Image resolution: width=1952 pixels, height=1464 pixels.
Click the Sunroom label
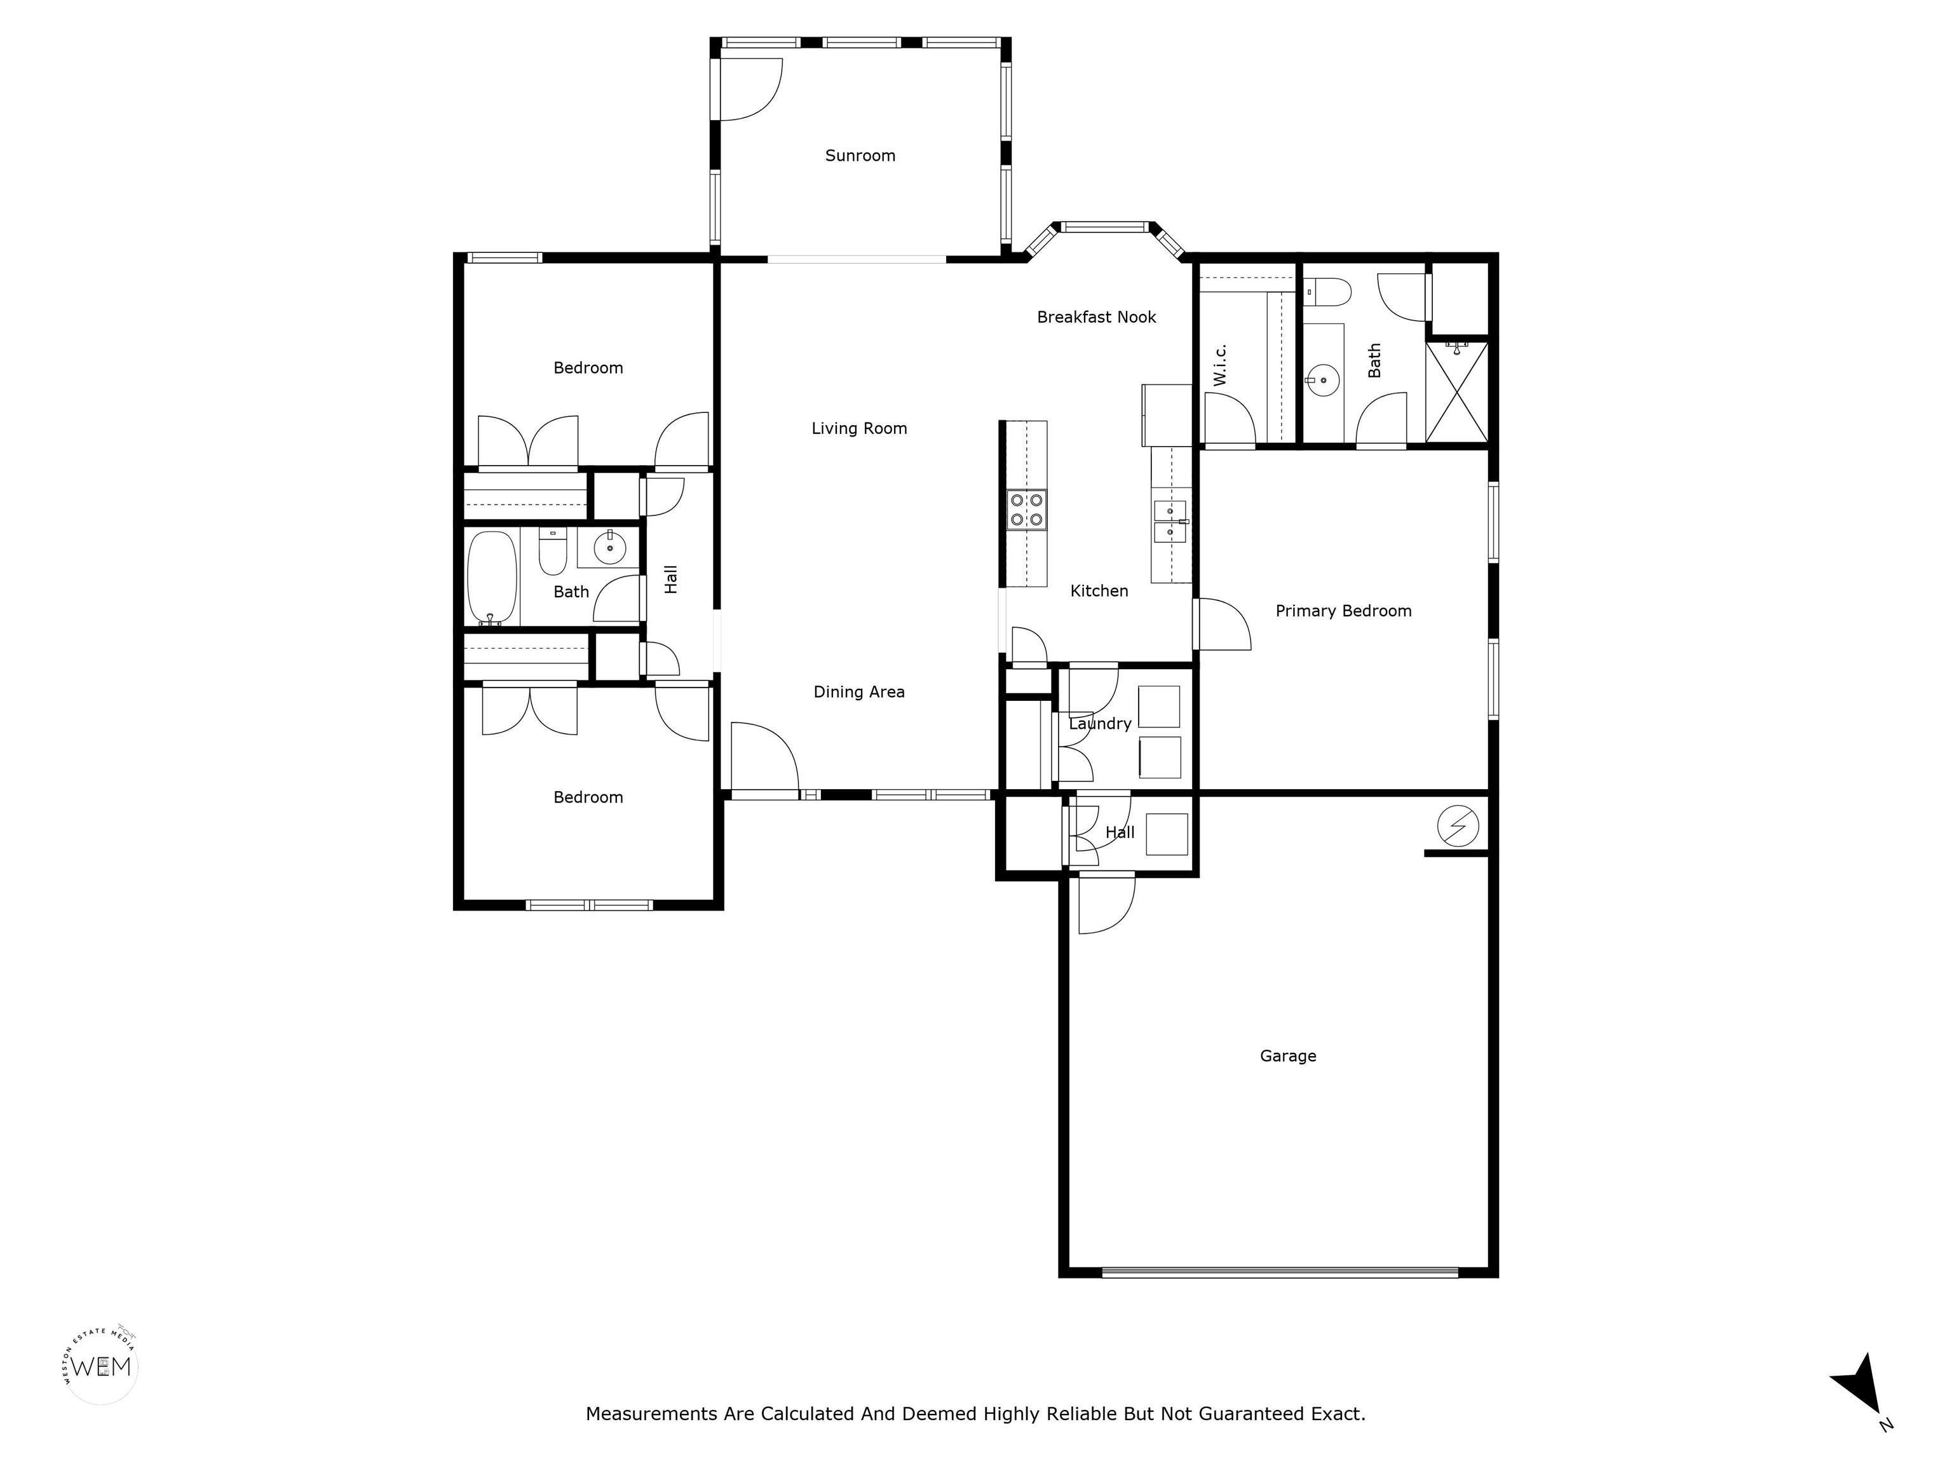tap(860, 155)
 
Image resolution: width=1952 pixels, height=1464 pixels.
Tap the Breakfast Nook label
tap(1096, 317)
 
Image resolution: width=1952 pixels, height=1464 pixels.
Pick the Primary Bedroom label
tap(1343, 611)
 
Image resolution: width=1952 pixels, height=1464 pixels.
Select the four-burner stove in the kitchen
tap(1027, 510)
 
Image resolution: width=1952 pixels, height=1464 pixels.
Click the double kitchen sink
tap(1170, 522)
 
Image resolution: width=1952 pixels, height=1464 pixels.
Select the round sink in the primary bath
tap(1324, 381)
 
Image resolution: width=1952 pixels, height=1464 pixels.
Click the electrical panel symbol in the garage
tap(1457, 826)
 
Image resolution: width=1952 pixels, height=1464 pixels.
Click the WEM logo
tap(102, 1366)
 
